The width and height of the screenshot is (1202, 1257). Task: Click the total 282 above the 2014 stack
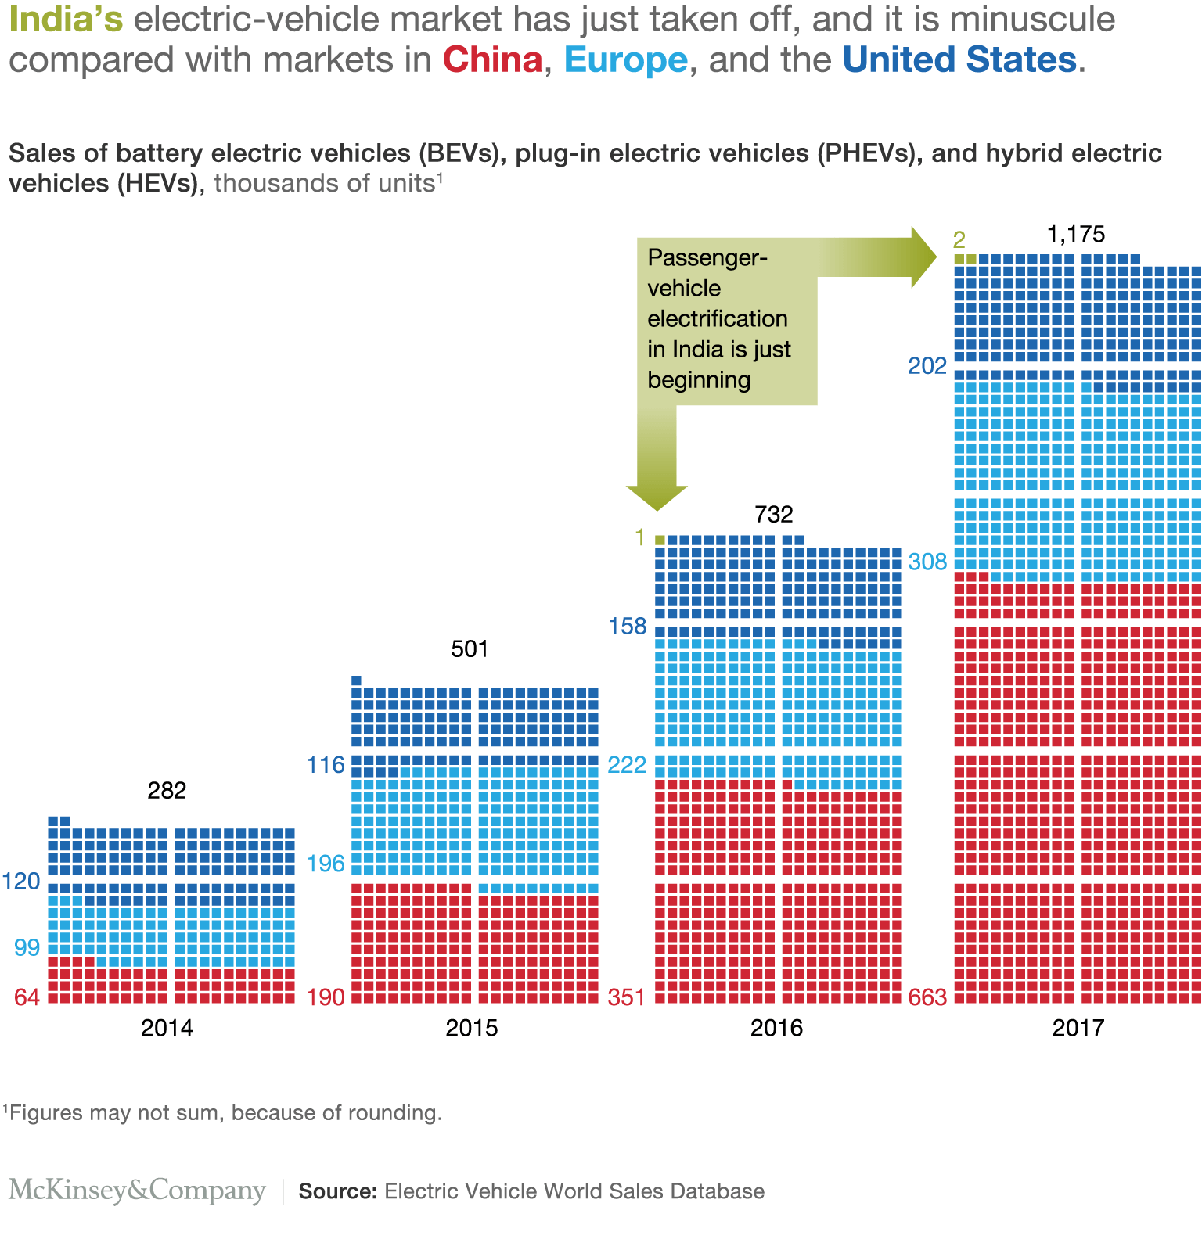point(167,791)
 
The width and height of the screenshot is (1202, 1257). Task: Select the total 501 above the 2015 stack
point(470,649)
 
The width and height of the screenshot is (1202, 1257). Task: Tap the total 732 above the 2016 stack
point(774,515)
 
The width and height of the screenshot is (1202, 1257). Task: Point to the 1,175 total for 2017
point(1076,234)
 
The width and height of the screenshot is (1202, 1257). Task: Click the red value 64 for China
point(27,997)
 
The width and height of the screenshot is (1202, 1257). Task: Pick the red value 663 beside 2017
point(927,997)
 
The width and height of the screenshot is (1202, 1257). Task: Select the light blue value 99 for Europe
point(27,948)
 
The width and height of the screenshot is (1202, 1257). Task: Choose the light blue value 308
point(927,562)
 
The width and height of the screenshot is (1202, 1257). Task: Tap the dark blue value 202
point(927,365)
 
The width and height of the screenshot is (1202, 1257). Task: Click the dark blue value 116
point(326,765)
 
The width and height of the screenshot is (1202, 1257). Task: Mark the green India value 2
point(959,240)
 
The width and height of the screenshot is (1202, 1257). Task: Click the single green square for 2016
point(660,540)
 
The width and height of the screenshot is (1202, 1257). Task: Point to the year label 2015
point(471,1028)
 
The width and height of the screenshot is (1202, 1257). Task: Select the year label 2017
point(1078,1028)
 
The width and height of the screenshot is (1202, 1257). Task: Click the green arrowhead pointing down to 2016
point(657,497)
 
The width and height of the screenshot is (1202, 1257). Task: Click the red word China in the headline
point(492,60)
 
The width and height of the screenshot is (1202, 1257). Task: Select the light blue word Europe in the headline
point(625,60)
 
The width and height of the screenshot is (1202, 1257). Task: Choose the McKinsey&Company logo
point(137,1191)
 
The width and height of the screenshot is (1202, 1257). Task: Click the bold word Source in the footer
point(338,1191)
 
